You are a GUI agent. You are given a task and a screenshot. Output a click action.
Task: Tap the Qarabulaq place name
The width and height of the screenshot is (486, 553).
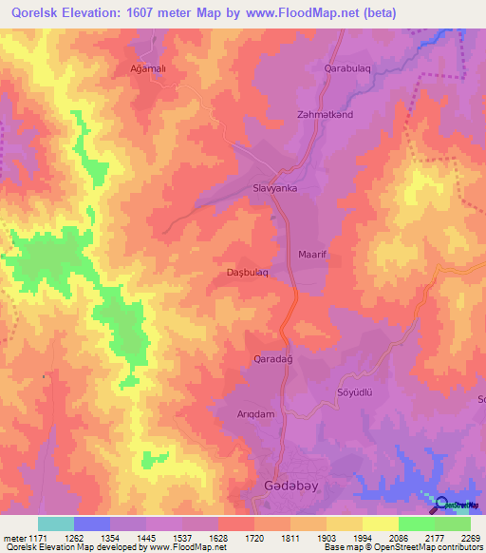click(351, 69)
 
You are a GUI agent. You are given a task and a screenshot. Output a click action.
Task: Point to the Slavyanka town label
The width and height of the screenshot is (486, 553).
click(276, 188)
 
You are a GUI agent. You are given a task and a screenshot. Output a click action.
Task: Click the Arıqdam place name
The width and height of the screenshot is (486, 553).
click(255, 415)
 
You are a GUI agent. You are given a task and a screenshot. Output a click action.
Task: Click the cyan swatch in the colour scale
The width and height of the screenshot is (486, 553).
click(56, 524)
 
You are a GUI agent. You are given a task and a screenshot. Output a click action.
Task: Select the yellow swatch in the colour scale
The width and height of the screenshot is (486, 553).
click(380, 524)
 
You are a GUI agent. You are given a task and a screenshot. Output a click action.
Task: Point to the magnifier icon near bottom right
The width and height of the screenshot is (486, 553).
click(442, 503)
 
